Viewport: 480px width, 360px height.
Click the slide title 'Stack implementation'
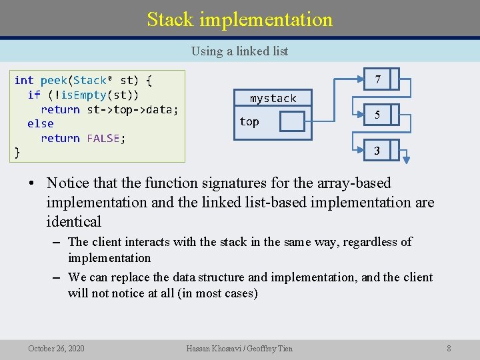tap(239, 19)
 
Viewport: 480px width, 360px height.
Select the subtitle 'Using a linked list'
tap(239, 51)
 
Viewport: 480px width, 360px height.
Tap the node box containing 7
tap(377, 79)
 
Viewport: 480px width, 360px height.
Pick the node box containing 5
tap(377, 115)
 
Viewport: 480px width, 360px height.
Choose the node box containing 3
tap(377, 151)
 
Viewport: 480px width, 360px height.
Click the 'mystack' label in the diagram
tap(273, 99)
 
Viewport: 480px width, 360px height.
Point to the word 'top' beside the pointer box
tap(249, 121)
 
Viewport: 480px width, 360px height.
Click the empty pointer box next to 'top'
tap(291, 121)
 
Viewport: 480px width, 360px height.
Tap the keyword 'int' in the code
tap(23, 81)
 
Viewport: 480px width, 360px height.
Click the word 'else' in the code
tap(40, 124)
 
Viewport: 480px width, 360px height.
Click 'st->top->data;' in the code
tap(133, 109)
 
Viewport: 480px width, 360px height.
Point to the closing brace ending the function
tap(17, 153)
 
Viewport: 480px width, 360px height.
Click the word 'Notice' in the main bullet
tap(70, 183)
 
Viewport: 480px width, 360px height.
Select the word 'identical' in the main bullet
tap(73, 222)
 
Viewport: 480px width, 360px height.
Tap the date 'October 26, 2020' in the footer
tap(56, 348)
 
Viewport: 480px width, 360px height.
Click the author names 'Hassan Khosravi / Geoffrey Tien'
tap(239, 348)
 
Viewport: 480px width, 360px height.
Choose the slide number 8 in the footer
tap(449, 348)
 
